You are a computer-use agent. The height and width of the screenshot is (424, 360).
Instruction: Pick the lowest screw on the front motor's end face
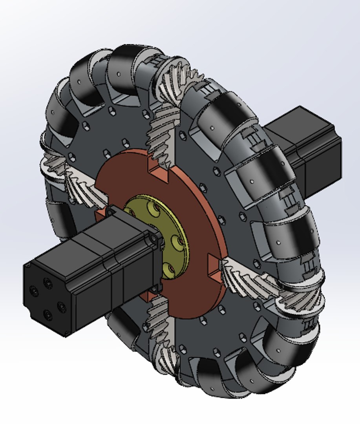point(48,314)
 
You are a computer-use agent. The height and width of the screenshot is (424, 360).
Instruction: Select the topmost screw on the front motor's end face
point(48,282)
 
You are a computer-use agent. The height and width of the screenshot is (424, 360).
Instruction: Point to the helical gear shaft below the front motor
point(157,326)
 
